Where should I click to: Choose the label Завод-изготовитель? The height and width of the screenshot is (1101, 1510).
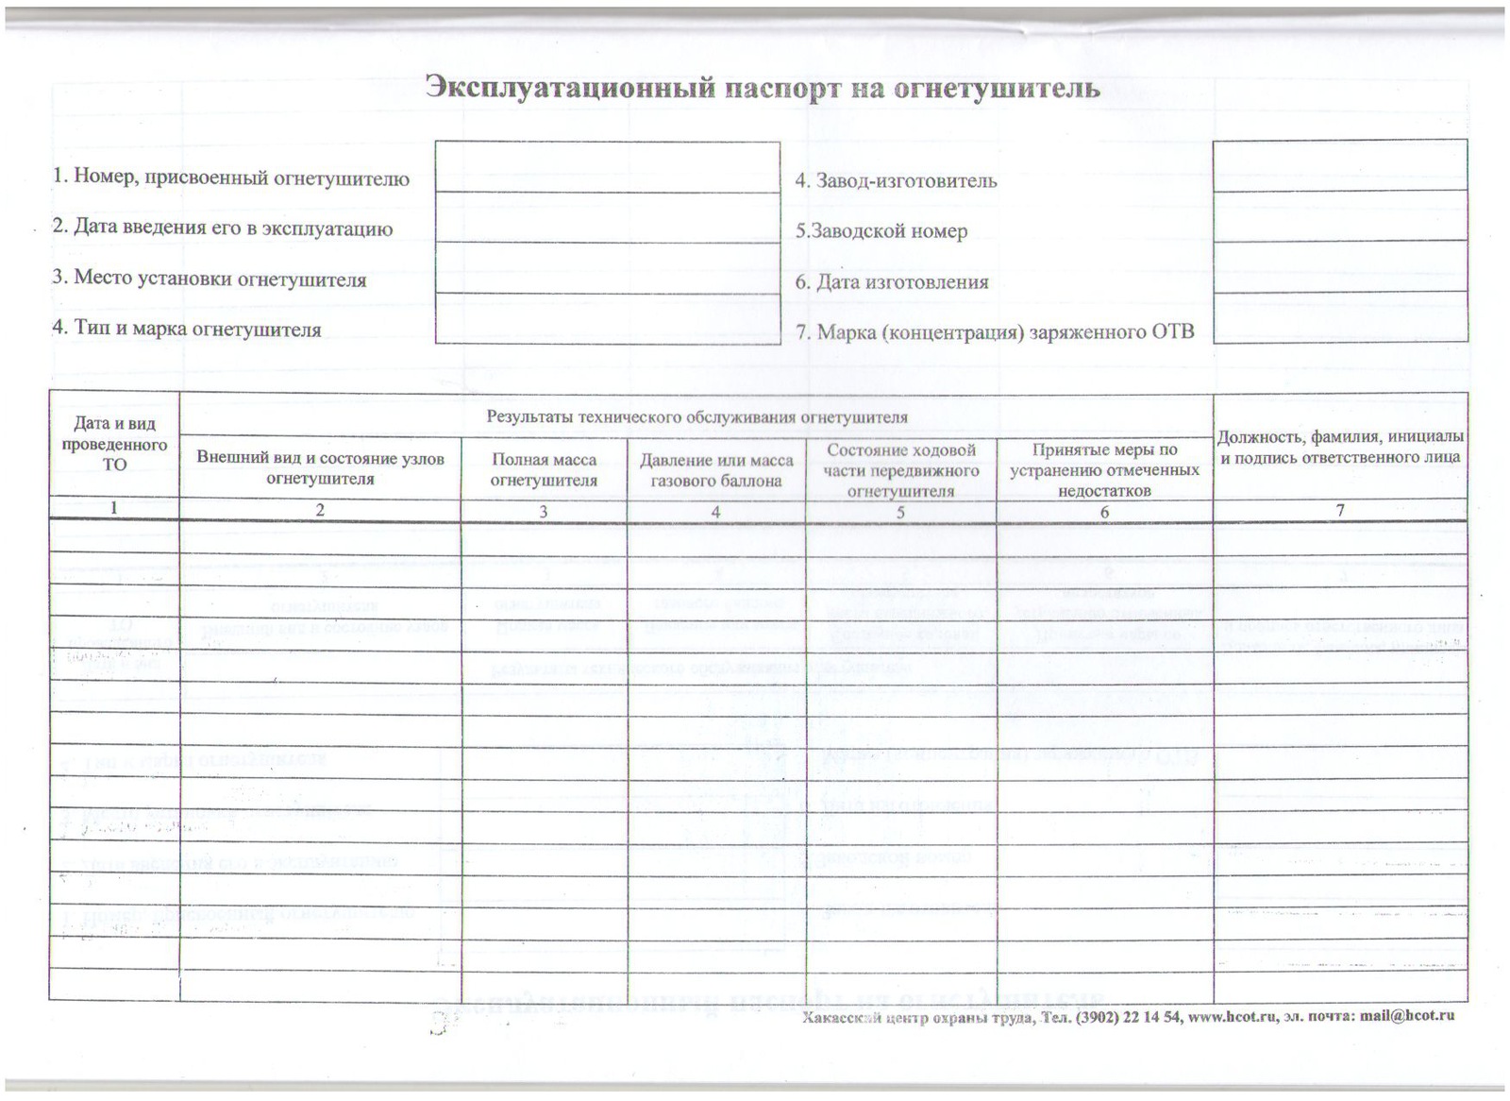tap(896, 180)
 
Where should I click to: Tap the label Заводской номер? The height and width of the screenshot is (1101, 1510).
tap(881, 231)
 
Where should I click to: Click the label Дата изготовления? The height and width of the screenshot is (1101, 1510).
tap(892, 281)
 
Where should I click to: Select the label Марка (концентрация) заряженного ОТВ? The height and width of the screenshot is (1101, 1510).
tap(995, 332)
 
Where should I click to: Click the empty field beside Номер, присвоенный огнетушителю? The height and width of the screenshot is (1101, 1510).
tap(607, 167)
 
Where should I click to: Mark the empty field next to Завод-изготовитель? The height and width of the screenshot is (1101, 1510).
tap(1339, 165)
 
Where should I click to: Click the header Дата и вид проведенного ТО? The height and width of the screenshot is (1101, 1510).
tap(114, 444)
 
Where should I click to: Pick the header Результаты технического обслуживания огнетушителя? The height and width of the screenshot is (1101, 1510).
tap(696, 416)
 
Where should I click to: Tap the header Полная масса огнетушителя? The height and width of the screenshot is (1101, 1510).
tap(544, 469)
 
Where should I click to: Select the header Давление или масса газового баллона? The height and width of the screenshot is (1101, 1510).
tap(716, 470)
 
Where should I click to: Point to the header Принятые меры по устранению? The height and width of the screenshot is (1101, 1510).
tap(1104, 470)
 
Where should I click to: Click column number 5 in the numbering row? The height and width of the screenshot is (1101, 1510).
tap(900, 512)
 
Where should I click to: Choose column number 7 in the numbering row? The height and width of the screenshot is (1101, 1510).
tap(1339, 511)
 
